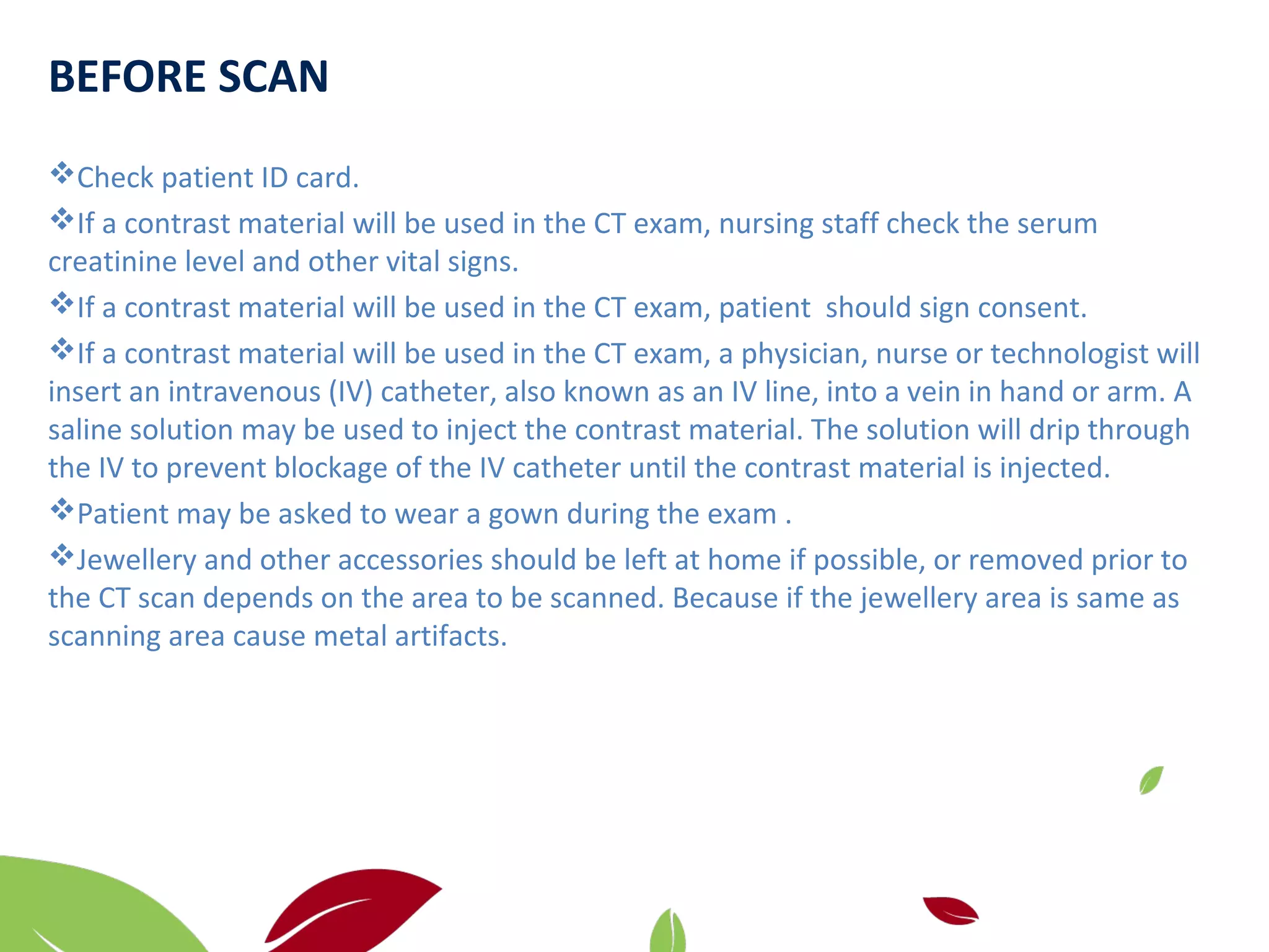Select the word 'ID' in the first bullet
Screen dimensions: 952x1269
274,178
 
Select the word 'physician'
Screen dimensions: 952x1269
804,354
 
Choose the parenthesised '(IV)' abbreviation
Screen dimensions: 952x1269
351,392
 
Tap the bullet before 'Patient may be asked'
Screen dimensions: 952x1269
61,510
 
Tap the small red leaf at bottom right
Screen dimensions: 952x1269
949,910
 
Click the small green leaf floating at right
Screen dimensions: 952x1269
1151,780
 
